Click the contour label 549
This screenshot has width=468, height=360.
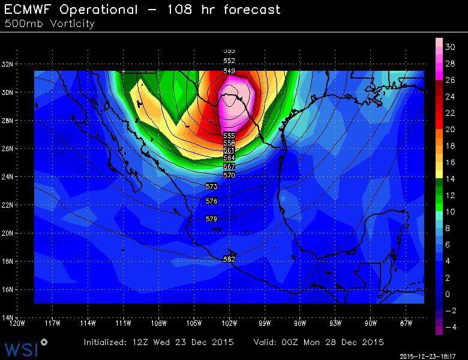(x=229, y=71)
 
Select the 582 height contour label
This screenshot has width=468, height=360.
(x=229, y=259)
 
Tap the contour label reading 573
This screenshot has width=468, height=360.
(x=211, y=187)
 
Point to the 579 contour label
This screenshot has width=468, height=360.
(x=211, y=220)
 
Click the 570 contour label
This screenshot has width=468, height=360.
(x=229, y=175)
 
